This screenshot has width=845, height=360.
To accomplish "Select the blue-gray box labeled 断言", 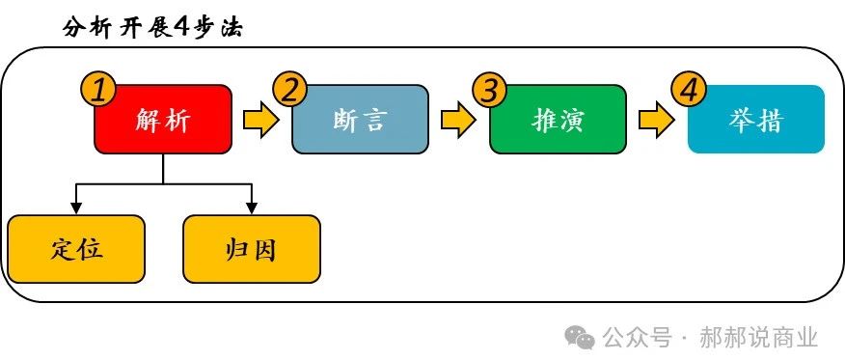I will pos(361,120).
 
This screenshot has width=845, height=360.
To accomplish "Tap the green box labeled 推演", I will pos(558,120).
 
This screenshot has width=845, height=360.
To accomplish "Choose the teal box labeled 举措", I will pos(756,120).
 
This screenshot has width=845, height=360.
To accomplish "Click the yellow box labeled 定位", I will pos(76,249).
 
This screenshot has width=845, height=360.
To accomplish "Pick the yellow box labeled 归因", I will pos(252,249).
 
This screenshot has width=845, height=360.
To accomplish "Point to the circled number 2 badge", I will pos(290,90).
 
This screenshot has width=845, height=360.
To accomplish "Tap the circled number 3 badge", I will pos(490,90).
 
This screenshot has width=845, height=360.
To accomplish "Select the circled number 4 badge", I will pos(688,90).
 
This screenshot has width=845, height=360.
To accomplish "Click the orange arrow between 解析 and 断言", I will pos(260,121).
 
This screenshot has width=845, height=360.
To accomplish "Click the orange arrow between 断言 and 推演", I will pos(458,121).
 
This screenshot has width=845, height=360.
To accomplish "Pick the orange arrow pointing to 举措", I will pos(656,121).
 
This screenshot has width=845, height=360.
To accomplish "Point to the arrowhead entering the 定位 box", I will pos(76,208).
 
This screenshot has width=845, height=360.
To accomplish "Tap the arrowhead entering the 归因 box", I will pos(252,208).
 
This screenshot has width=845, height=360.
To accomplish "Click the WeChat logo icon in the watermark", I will pos(581,337).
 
